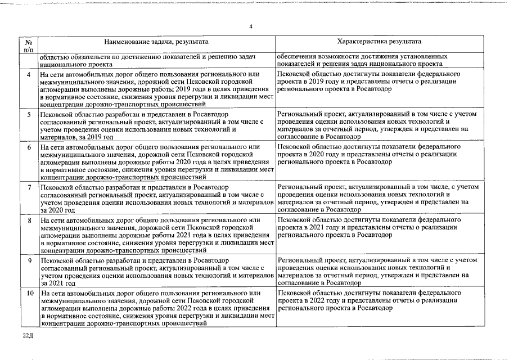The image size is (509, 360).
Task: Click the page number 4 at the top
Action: (251, 26)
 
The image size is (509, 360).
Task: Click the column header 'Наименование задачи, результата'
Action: (156, 42)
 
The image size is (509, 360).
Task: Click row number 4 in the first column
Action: (29, 75)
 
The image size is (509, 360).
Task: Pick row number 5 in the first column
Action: (29, 115)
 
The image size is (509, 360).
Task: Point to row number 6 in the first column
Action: (29, 147)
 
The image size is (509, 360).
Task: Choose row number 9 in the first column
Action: (29, 260)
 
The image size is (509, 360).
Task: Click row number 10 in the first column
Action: (29, 294)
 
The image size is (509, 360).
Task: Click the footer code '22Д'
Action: (29, 336)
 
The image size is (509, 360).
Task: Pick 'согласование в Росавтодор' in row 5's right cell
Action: (318, 137)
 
